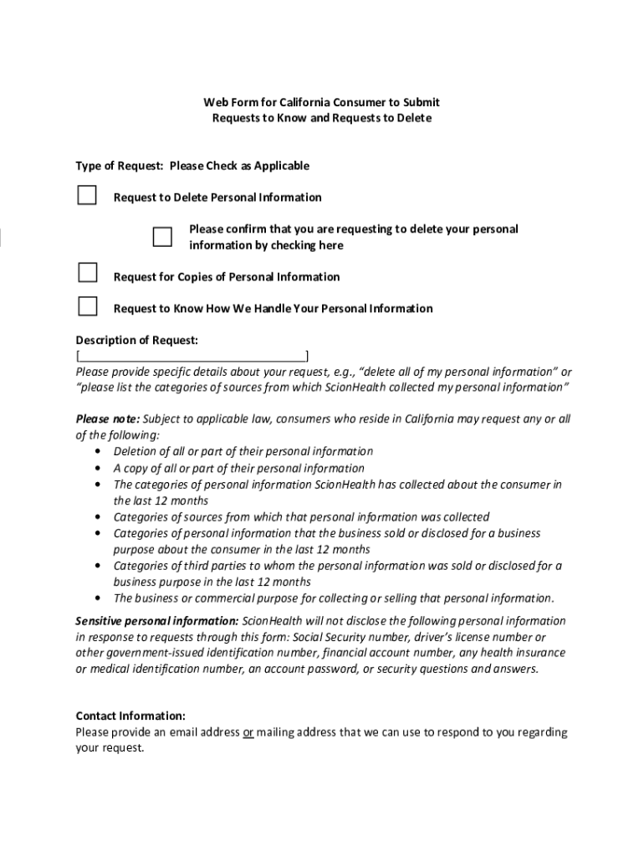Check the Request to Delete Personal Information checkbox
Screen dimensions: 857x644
click(87, 196)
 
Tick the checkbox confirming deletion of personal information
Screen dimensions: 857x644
click(162, 237)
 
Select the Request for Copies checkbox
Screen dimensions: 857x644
click(87, 274)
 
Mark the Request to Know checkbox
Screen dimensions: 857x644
click(87, 305)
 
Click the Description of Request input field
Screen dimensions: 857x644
click(192, 357)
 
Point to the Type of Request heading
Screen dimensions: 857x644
click(120, 166)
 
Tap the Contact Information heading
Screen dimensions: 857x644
click(130, 716)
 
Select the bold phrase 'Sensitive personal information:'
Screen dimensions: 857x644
click(157, 621)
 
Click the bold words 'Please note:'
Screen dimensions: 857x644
click(108, 418)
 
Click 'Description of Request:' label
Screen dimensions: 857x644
click(137, 340)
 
